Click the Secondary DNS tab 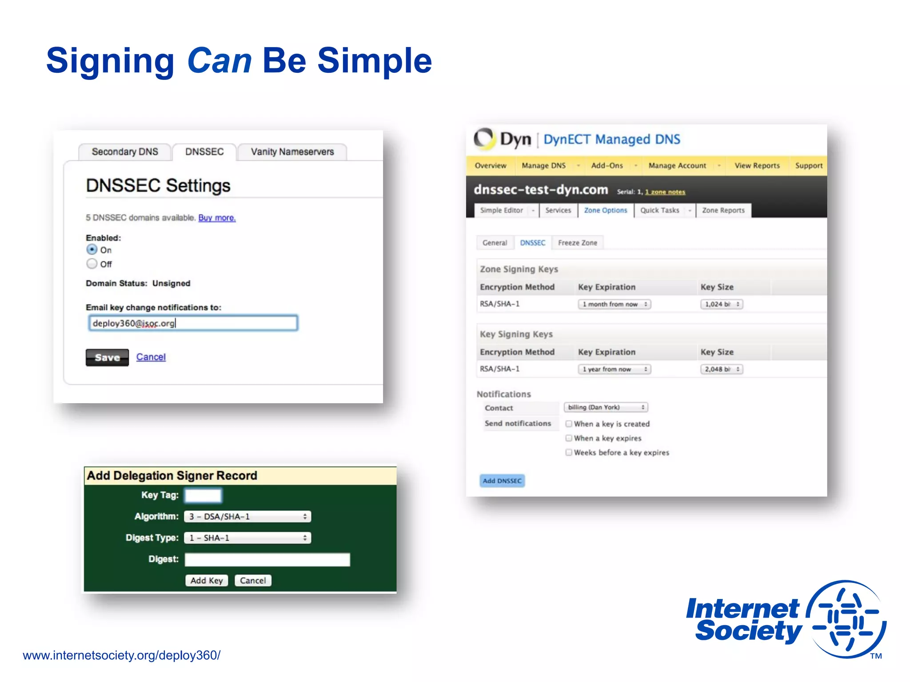click(x=125, y=152)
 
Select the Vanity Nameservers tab click(x=292, y=152)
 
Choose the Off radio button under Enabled click(x=92, y=264)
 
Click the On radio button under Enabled click(x=92, y=250)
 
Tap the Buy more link click(x=217, y=218)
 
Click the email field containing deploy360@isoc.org click(x=193, y=323)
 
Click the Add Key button click(x=207, y=580)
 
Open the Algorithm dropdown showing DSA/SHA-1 click(x=247, y=516)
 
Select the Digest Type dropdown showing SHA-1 click(x=247, y=538)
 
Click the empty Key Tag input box click(x=203, y=495)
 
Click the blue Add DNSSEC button click(x=502, y=481)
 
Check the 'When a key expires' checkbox click(x=569, y=438)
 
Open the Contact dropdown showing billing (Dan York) click(x=606, y=407)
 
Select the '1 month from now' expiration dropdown click(x=615, y=304)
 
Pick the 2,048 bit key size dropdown click(x=722, y=369)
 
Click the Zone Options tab click(x=606, y=210)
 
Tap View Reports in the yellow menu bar click(x=757, y=166)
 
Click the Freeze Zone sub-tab click(x=578, y=243)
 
